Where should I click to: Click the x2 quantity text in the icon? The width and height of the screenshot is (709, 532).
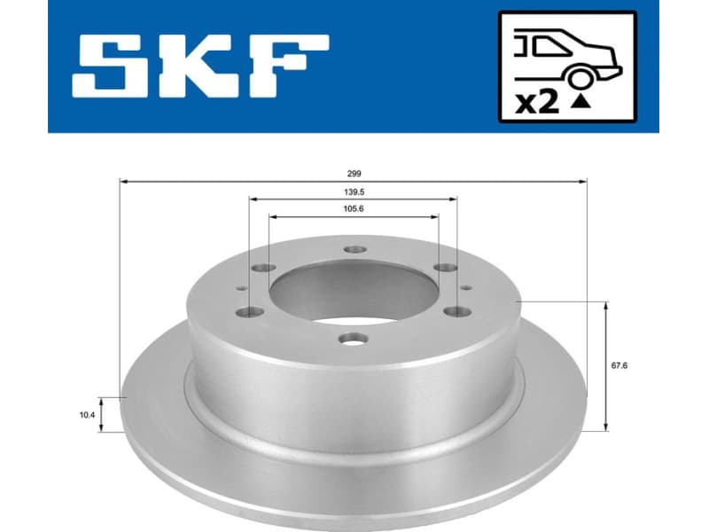[537, 102]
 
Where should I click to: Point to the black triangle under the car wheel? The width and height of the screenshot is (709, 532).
[580, 104]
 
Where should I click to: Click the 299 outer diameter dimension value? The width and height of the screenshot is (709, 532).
[354, 174]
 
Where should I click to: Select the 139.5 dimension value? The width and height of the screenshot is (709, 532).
[354, 191]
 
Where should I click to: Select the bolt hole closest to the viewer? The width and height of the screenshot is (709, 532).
[354, 338]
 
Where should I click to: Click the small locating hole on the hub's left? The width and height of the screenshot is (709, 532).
[241, 286]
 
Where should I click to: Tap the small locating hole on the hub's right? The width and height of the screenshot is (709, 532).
[467, 286]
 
